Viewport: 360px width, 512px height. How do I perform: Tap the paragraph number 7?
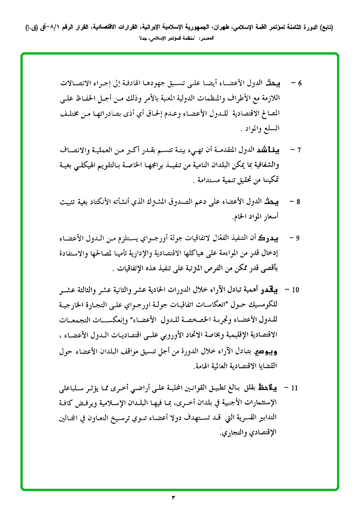click(x=299, y=150)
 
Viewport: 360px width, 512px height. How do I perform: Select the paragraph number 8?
click(x=299, y=202)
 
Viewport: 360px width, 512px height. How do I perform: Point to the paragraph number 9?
click(x=299, y=237)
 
